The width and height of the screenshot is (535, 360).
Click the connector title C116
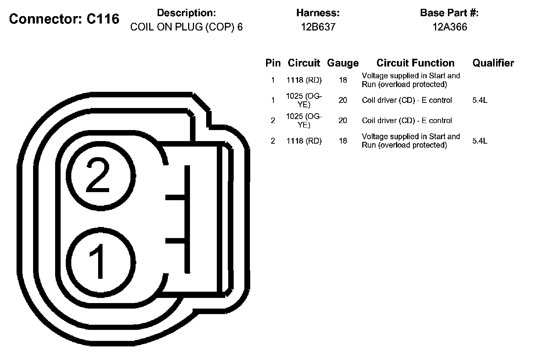[x=64, y=19]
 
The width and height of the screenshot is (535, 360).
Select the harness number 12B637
[x=318, y=27]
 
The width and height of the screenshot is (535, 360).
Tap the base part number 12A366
[x=449, y=27]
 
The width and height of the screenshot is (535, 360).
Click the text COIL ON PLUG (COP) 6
[x=186, y=27]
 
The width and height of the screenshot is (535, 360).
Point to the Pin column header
[x=273, y=63]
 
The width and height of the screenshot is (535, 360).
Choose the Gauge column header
[x=343, y=63]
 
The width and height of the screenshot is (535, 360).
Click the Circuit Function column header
[x=415, y=63]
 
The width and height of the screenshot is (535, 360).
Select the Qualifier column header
[x=493, y=63]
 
